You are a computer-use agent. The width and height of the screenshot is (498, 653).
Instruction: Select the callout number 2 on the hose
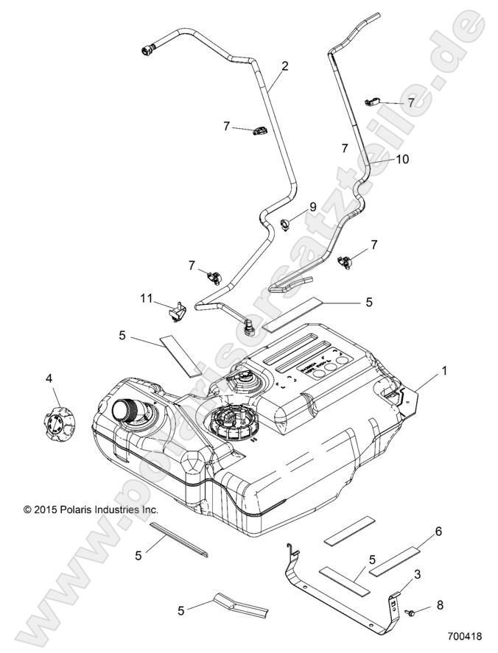[x=284, y=66]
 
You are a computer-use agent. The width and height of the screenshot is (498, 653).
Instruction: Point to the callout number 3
[x=417, y=574]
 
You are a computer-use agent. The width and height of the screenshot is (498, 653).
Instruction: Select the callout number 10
[x=402, y=158]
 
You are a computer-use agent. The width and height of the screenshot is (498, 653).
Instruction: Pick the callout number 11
[x=147, y=298]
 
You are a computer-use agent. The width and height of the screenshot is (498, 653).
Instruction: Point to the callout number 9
[x=312, y=208]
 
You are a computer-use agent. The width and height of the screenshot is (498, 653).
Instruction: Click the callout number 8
[x=441, y=605]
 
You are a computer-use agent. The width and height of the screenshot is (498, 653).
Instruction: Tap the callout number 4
[x=49, y=379]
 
